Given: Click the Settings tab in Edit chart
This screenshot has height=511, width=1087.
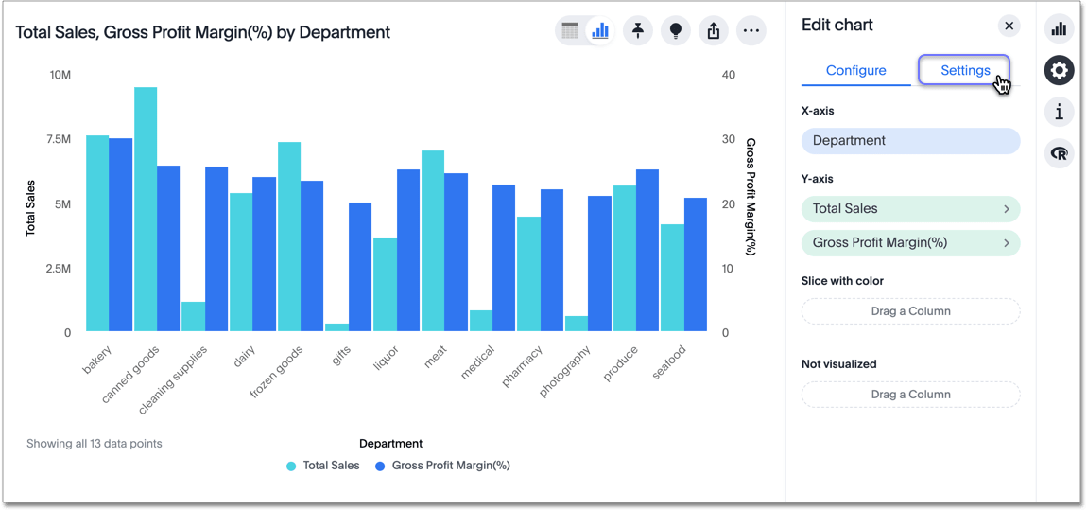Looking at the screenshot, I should pos(964,70).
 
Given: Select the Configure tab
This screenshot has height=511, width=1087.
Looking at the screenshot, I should pos(855,70).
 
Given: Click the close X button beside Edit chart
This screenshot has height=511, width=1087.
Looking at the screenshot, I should pos(1009,26).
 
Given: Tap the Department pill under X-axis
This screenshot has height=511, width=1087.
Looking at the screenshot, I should pos(910,141).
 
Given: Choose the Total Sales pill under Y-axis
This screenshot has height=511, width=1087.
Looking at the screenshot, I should pos(910,209).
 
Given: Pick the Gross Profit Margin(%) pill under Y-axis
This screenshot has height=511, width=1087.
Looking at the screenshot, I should pos(910,243).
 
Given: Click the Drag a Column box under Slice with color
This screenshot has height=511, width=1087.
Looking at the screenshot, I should pos(910,311).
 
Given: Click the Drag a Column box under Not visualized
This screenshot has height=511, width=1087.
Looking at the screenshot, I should pos(910,395).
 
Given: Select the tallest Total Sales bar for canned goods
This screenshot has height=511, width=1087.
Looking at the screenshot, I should pos(146,208).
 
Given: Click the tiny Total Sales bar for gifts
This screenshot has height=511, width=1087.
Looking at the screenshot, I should pos(337,327).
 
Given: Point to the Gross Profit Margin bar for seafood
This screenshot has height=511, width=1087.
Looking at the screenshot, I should pos(696,265).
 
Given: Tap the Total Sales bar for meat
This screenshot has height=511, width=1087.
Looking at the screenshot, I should pos(433,241).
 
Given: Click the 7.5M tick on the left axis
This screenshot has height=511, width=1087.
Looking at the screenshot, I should pos(60,139).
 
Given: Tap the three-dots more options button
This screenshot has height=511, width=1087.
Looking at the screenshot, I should pos(751,31).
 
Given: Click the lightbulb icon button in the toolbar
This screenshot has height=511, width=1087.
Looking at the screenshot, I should pos(676,31).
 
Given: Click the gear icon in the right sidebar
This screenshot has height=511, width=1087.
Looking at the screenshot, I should pos(1059,70).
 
